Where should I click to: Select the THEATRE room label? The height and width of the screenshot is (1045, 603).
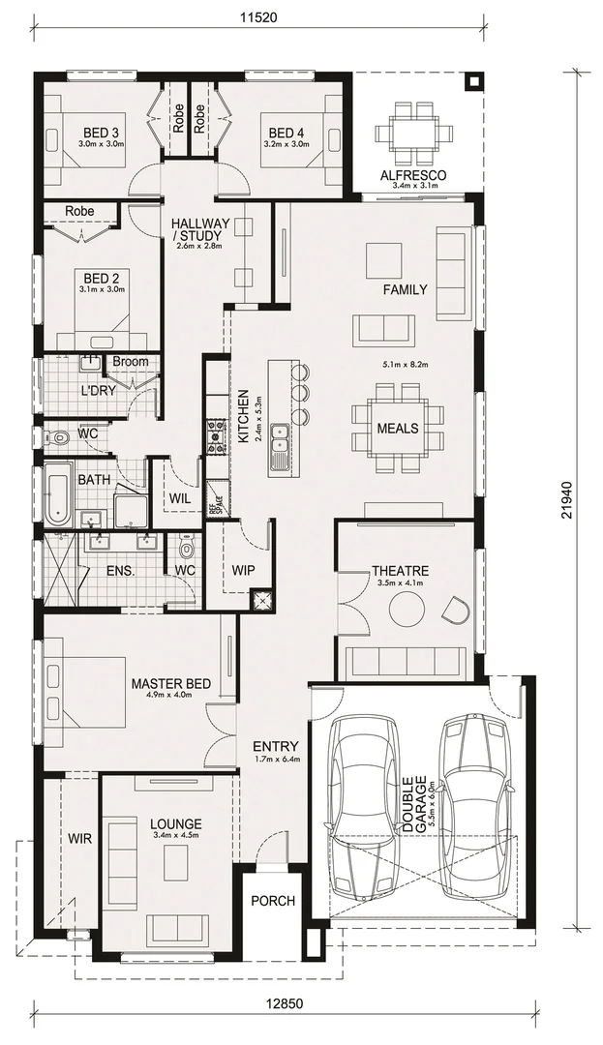(400, 571)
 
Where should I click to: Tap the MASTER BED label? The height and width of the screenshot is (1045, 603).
(171, 684)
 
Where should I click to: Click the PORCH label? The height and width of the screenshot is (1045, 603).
(273, 901)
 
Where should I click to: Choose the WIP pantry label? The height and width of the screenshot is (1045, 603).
(242, 570)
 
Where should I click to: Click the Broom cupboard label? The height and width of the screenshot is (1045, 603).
(131, 362)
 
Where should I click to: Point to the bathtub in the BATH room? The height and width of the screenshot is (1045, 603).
(58, 494)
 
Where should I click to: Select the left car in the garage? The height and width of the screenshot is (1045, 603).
(364, 805)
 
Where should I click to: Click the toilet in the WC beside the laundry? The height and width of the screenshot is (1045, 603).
(60, 437)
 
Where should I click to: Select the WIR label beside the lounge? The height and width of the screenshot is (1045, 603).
(79, 838)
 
